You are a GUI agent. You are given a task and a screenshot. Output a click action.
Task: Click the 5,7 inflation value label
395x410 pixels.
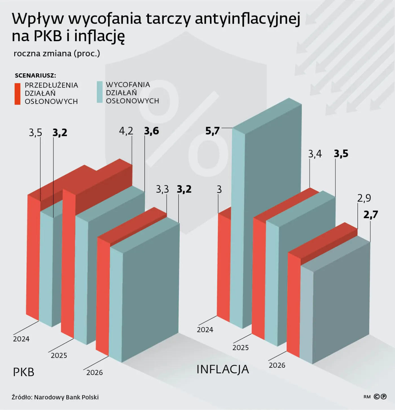[212, 131]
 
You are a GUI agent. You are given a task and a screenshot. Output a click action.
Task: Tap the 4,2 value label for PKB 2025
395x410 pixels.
[126, 131]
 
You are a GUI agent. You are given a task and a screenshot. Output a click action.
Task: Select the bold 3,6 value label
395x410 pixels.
[152, 131]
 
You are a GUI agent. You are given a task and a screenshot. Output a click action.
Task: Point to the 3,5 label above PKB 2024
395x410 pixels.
[36, 133]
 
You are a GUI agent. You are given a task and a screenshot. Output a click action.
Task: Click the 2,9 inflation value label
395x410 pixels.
[364, 198]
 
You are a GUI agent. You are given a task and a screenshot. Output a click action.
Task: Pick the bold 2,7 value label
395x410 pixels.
[370, 215]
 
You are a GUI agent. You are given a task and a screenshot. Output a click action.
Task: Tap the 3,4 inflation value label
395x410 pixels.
[315, 154]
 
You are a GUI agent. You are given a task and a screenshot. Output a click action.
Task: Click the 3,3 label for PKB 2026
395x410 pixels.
[162, 189]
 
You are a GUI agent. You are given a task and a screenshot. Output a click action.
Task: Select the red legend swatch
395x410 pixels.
[17, 94]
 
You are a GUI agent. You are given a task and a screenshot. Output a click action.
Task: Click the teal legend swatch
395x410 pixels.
[100, 92]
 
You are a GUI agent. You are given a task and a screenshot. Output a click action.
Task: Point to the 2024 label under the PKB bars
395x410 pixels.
[21, 339]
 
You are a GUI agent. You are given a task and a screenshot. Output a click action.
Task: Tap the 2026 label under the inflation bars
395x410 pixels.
[277, 365]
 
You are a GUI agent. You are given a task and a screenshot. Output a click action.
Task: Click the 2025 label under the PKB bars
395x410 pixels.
[59, 356]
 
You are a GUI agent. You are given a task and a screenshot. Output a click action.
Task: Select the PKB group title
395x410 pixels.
[24, 372]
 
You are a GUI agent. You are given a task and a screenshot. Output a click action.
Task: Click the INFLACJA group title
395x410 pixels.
[223, 369]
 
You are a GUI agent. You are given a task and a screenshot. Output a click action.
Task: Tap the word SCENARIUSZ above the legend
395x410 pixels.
[36, 75]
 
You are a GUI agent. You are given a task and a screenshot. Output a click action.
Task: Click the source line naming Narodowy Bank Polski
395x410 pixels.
[55, 397]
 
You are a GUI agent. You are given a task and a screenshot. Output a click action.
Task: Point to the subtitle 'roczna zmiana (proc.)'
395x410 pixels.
[57, 53]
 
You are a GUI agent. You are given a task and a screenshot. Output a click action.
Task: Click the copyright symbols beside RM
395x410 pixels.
[380, 397]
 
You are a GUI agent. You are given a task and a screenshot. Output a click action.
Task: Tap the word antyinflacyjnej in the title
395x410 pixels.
[247, 19]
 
